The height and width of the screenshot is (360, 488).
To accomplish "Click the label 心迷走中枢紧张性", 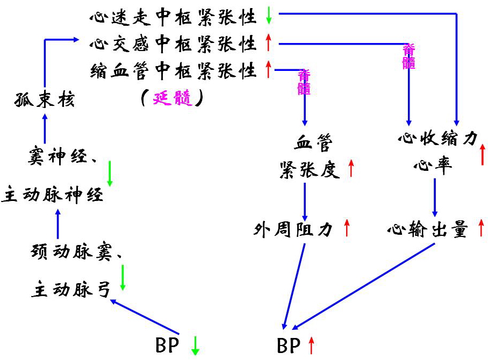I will click(x=173, y=17).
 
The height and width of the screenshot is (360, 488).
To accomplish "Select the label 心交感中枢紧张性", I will click(x=173, y=44).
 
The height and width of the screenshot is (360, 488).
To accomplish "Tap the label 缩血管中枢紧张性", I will click(x=173, y=70).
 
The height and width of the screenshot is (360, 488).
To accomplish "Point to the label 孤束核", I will click(x=44, y=99).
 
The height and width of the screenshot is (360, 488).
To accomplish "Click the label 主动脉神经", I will click(x=52, y=195).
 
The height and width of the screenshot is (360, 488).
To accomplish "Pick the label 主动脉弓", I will click(x=70, y=290).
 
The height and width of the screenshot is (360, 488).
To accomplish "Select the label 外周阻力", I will click(x=293, y=230).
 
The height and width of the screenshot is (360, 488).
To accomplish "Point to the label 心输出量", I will click(x=428, y=230).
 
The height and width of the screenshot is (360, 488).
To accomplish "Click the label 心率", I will click(x=432, y=164).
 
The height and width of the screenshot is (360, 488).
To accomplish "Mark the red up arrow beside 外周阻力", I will click(x=347, y=228).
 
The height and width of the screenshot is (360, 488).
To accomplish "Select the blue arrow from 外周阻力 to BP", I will click(x=296, y=285).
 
